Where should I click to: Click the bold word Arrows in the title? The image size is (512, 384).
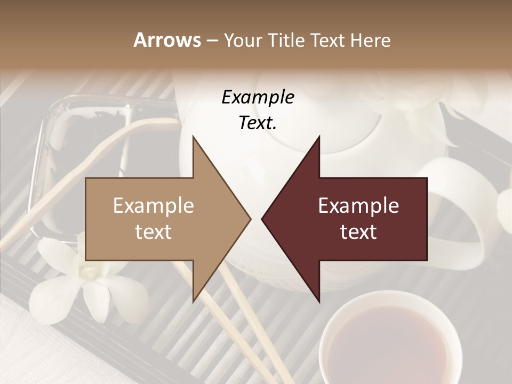pyautogui.click(x=167, y=40)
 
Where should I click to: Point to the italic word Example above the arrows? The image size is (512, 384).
pyautogui.click(x=258, y=98)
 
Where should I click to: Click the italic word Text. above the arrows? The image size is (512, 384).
pyautogui.click(x=258, y=123)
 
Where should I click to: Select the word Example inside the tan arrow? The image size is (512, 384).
pyautogui.click(x=154, y=205)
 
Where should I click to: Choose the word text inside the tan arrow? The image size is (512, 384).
pyautogui.click(x=154, y=231)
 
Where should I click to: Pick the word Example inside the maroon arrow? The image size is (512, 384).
pyautogui.click(x=358, y=205)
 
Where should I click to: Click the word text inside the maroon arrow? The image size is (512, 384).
pyautogui.click(x=358, y=231)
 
